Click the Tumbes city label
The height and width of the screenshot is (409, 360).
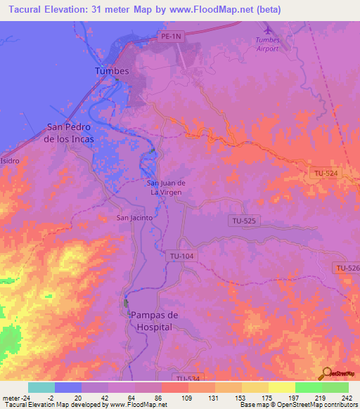(112, 72)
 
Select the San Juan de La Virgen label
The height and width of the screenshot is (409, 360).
(166, 187)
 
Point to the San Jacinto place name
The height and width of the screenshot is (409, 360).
(134, 218)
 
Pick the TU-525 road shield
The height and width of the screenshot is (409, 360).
(243, 221)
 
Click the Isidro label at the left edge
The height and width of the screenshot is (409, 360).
(10, 160)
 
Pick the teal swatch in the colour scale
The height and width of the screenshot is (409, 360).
(41, 387)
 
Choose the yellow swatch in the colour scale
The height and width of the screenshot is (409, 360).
(281, 387)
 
